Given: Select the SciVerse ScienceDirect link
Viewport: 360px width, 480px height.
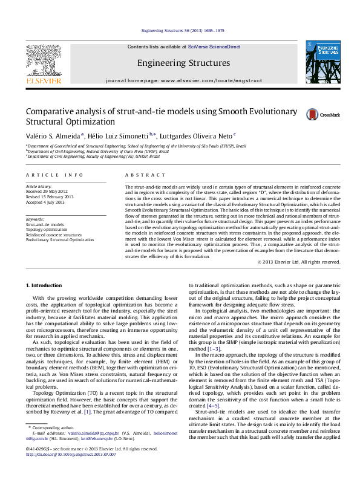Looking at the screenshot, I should (x=214, y=47).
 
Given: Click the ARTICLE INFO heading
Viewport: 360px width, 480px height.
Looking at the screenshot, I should (x=46, y=175).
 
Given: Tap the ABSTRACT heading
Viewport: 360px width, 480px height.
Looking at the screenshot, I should (x=137, y=175).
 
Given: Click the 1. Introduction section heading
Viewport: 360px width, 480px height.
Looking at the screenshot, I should (x=46, y=285).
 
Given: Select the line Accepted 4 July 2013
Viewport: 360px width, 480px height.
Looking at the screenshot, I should (x=45, y=202).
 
